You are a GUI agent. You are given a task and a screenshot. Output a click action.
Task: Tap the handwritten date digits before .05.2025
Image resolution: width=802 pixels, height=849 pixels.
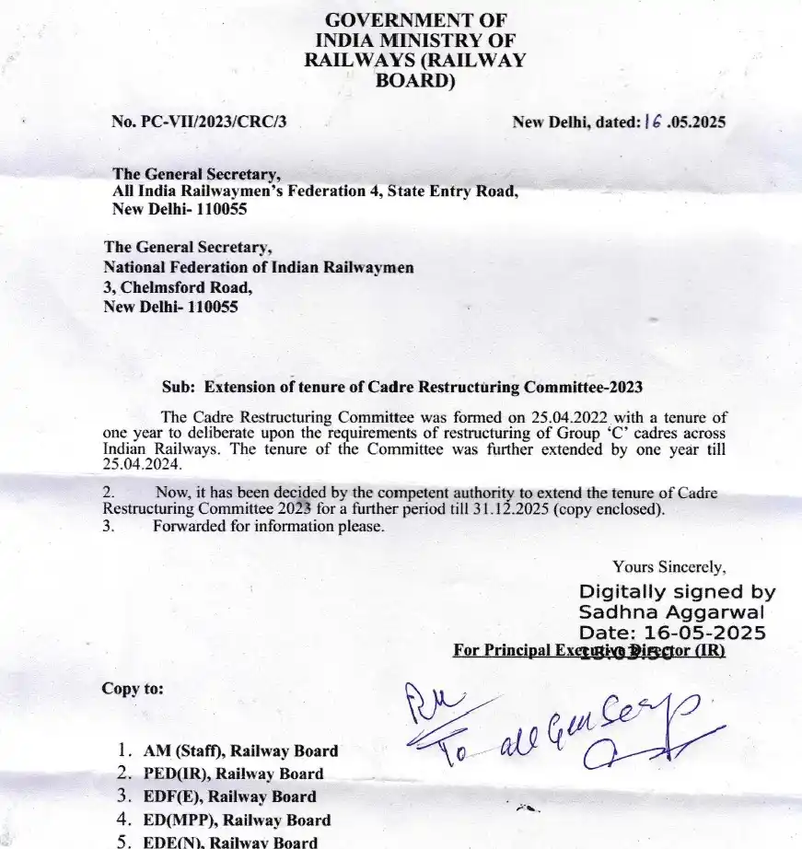point(653,121)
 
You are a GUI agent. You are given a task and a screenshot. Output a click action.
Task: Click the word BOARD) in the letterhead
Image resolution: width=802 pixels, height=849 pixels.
point(415,80)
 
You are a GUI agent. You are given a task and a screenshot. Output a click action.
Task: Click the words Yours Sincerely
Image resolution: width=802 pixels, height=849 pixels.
point(669,567)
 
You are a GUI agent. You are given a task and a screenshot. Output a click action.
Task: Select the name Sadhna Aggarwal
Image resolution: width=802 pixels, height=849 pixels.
point(671,612)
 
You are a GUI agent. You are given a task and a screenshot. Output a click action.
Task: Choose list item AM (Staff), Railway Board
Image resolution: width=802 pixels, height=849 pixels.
point(240,751)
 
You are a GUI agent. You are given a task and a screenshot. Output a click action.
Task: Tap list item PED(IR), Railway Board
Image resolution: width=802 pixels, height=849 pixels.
point(234,774)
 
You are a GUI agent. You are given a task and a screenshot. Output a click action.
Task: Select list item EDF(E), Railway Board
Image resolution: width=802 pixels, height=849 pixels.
point(229,797)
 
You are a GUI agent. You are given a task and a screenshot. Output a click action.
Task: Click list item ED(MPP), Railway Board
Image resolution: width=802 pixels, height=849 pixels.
point(237,820)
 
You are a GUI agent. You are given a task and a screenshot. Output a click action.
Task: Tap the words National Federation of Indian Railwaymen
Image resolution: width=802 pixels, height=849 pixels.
point(259,267)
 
